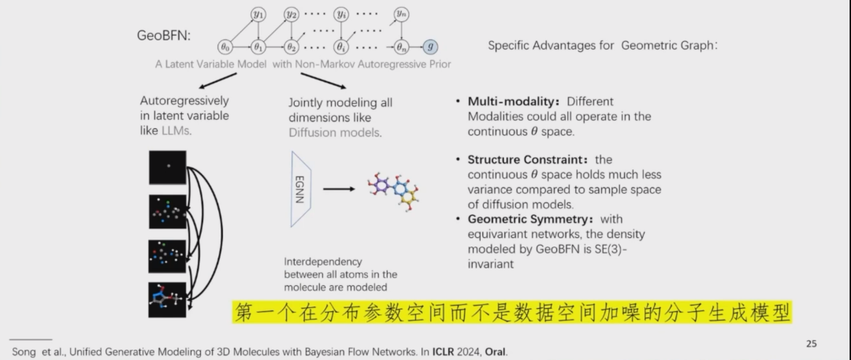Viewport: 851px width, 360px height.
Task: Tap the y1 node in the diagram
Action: pyautogui.click(x=258, y=14)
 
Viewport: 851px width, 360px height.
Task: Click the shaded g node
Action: pyautogui.click(x=429, y=46)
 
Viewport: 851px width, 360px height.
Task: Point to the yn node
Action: pyautogui.click(x=403, y=14)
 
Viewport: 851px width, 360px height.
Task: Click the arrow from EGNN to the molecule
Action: pyautogui.click(x=339, y=189)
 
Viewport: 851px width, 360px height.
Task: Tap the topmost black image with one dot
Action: pyautogui.click(x=168, y=167)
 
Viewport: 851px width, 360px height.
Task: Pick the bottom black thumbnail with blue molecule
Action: pyautogui.click(x=168, y=299)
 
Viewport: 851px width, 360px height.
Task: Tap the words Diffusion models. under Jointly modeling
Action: pyautogui.click(x=335, y=132)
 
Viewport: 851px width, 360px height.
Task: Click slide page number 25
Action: pyautogui.click(x=811, y=343)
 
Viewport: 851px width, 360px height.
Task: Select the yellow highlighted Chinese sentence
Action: pyautogui.click(x=511, y=312)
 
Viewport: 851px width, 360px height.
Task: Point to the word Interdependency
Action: pyautogui.click(x=322, y=261)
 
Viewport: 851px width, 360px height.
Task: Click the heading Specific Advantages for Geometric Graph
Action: pyautogui.click(x=602, y=46)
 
